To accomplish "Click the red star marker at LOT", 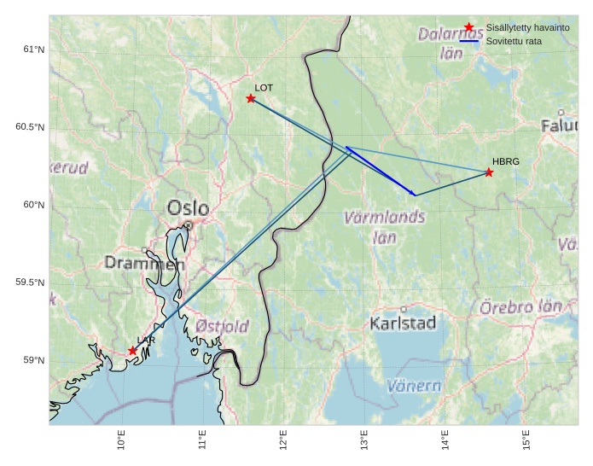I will [x=251, y=98].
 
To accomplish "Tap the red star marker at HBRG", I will [x=489, y=172].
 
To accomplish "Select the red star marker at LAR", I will [x=133, y=351].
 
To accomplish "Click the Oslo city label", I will [x=188, y=207].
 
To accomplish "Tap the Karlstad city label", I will [x=403, y=323].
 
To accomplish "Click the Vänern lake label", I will [x=414, y=386].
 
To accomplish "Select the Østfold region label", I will [x=222, y=326].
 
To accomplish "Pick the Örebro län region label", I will [x=521, y=306].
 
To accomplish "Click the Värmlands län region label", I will [x=384, y=227].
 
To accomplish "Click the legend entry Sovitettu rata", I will [x=516, y=40].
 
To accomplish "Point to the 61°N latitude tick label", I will [x=33, y=50].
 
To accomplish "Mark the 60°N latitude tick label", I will [x=33, y=205].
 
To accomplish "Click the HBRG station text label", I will [x=505, y=161].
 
